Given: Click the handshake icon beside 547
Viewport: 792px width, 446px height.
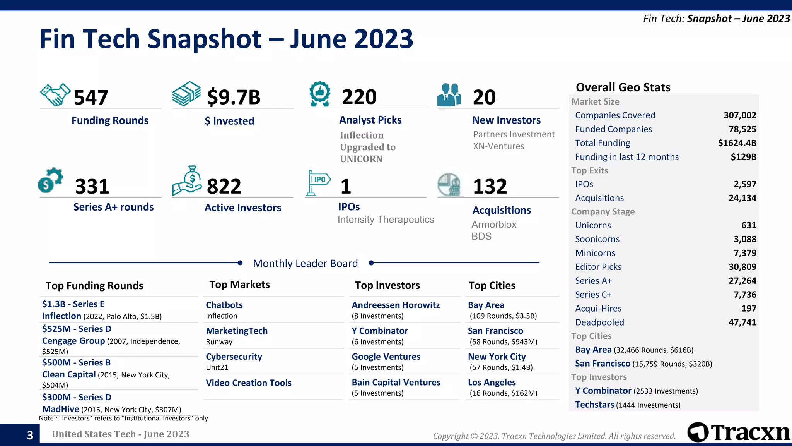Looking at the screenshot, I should click(55, 95).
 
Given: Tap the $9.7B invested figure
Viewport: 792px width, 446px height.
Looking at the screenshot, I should click(234, 97).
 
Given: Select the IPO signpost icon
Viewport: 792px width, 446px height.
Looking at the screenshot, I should click(318, 182).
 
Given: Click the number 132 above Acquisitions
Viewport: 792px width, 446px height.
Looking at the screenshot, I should click(490, 186).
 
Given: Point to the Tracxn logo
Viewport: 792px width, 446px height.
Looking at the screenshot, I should click(739, 432).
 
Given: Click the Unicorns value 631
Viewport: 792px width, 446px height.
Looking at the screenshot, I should click(748, 225).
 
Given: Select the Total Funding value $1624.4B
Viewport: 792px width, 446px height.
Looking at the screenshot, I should click(737, 143).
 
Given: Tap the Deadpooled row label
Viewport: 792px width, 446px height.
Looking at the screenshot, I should click(599, 322).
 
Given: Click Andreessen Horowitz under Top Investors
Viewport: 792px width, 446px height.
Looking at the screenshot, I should click(396, 305).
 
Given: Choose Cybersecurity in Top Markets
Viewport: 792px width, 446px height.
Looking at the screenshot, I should click(234, 357).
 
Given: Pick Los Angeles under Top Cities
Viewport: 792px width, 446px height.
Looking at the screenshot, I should click(492, 383).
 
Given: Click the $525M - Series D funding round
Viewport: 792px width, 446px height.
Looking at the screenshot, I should click(77, 329).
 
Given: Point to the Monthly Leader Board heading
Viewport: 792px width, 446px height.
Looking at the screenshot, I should click(305, 264).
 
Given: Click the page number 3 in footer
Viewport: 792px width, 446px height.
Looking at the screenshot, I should click(30, 435).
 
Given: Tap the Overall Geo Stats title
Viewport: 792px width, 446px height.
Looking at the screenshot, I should click(623, 87).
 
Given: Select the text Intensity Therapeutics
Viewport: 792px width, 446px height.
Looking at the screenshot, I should click(386, 220).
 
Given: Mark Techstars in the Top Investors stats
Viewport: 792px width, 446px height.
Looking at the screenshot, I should click(594, 405).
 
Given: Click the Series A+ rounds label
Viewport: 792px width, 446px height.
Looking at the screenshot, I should click(113, 207).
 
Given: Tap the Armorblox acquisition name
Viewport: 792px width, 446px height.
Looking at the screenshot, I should click(494, 225).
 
